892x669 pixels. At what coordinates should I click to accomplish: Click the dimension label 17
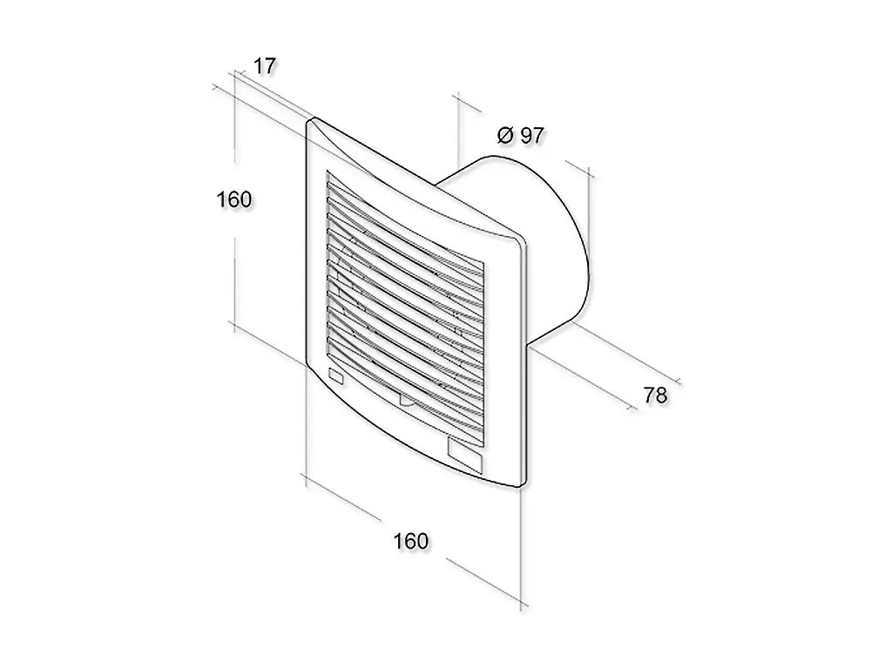click(264, 66)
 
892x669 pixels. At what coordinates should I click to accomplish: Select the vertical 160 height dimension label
click(233, 199)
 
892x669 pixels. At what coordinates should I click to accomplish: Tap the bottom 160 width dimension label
click(411, 541)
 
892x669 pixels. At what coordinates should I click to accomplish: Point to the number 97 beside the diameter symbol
click(531, 135)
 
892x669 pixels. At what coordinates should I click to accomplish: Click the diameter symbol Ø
click(505, 135)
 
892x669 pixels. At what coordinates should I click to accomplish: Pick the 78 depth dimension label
click(655, 395)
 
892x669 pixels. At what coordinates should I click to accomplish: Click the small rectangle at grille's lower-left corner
click(336, 375)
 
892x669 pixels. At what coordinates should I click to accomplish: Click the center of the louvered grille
click(405, 296)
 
